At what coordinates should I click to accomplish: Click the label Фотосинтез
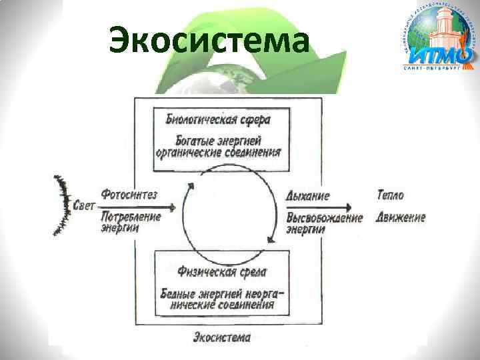coord(129,195)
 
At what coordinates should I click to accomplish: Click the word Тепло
coord(390,195)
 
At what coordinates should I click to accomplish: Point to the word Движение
coord(400,217)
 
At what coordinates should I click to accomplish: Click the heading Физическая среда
coord(223,271)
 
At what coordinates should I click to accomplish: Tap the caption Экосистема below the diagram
coord(222,337)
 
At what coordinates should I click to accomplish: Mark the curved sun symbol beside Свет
coord(62,205)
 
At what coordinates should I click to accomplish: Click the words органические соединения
coord(218,151)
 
